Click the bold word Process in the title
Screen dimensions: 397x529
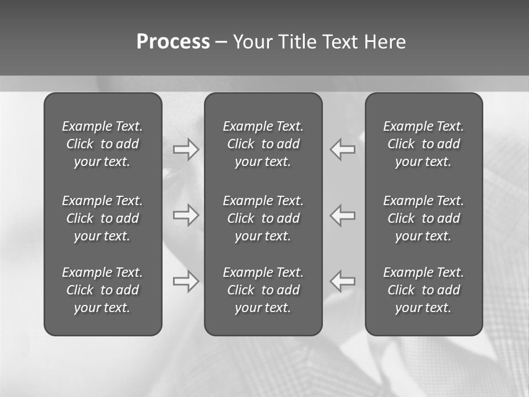pyautogui.click(x=173, y=42)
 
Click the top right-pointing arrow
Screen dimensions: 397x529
pyautogui.click(x=186, y=149)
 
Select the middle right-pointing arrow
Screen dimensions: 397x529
pyautogui.click(x=186, y=214)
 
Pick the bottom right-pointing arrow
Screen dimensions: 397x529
pyautogui.click(x=186, y=281)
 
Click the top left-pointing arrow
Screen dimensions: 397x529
pyautogui.click(x=343, y=149)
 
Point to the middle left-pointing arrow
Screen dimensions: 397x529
pyautogui.click(x=343, y=214)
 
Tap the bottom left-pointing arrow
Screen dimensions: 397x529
pyautogui.click(x=343, y=281)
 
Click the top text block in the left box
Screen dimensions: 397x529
pyautogui.click(x=102, y=144)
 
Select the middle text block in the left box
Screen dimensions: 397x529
pyautogui.click(x=102, y=218)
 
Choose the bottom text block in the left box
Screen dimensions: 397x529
pyautogui.click(x=102, y=290)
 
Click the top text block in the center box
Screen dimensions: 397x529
pyautogui.click(x=263, y=144)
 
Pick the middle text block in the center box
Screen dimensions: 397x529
pyautogui.click(x=263, y=218)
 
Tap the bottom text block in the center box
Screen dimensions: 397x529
pyautogui.click(x=263, y=290)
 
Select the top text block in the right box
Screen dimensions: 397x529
pyautogui.click(x=423, y=144)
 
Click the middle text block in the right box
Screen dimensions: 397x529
pyautogui.click(x=423, y=218)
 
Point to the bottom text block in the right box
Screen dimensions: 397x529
pyautogui.click(x=423, y=290)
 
